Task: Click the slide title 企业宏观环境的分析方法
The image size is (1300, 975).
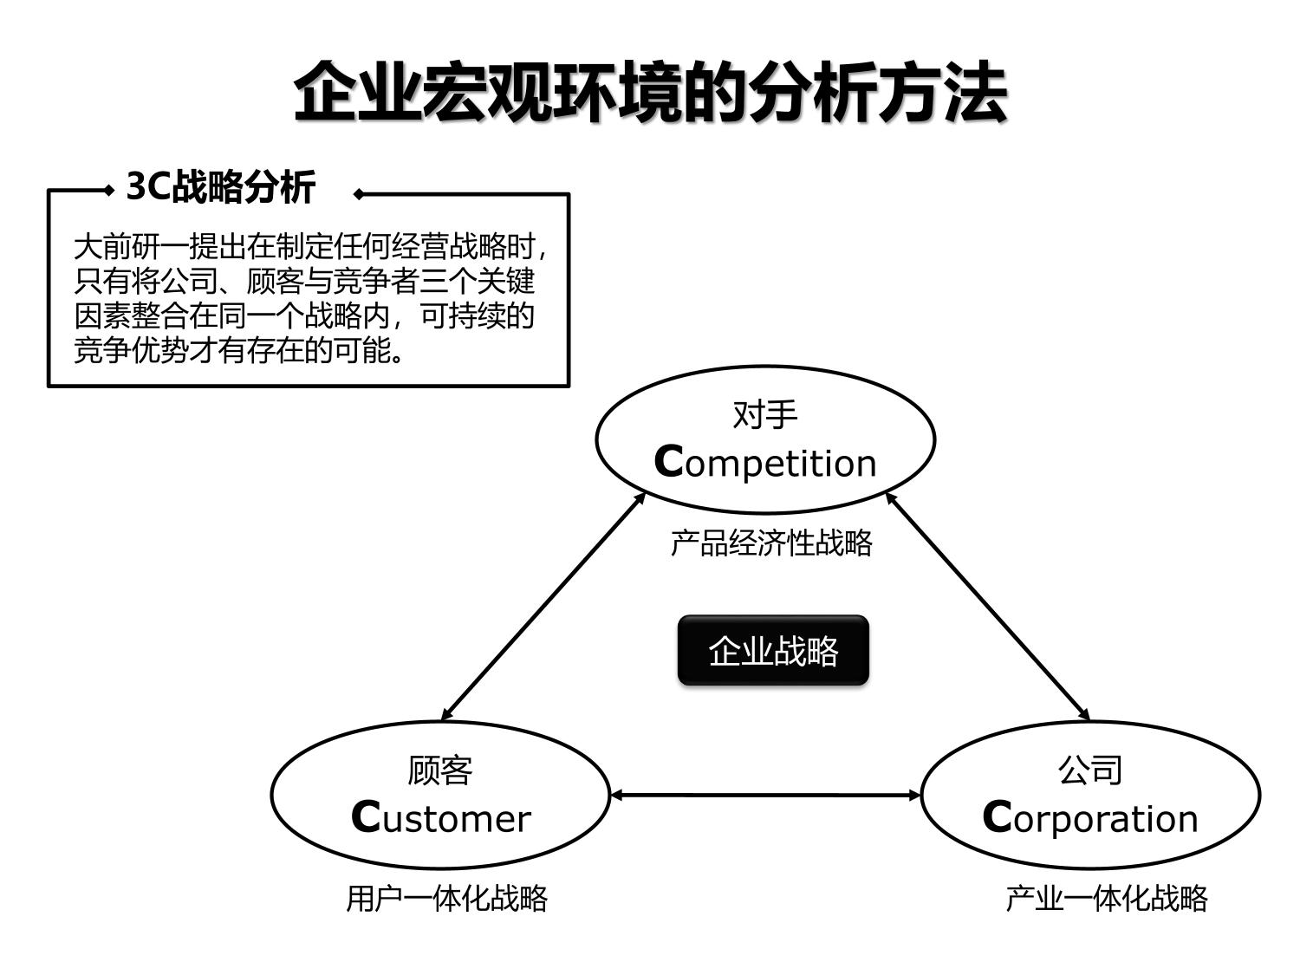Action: pyautogui.click(x=650, y=92)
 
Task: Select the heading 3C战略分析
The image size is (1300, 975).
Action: pyautogui.click(x=221, y=186)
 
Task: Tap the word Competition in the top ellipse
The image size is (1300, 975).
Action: pyautogui.click(x=765, y=463)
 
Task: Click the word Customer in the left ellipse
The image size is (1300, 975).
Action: pyautogui.click(x=440, y=818)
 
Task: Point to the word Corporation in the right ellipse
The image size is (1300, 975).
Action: pyautogui.click(x=1090, y=818)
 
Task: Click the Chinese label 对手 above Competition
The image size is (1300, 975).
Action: pyautogui.click(x=764, y=415)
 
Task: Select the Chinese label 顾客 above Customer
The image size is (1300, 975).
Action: pyautogui.click(x=440, y=770)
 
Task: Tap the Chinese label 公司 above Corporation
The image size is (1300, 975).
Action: pyautogui.click(x=1090, y=770)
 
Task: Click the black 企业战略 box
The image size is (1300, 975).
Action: pyautogui.click(x=773, y=651)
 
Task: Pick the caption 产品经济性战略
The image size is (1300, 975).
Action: pyautogui.click(x=771, y=543)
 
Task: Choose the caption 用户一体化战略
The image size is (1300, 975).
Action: pyautogui.click(x=447, y=899)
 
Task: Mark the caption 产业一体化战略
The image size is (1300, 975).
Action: pyautogui.click(x=1107, y=899)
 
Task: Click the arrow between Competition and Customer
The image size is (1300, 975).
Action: pyautogui.click(x=543, y=606)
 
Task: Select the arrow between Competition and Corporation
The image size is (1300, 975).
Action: pyautogui.click(x=988, y=606)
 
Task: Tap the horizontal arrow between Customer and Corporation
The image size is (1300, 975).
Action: pyautogui.click(x=765, y=794)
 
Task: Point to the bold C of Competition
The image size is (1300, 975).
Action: pyautogui.click(x=669, y=462)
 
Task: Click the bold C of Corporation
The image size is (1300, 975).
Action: pyautogui.click(x=997, y=817)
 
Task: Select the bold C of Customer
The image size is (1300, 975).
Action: pyautogui.click(x=366, y=817)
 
